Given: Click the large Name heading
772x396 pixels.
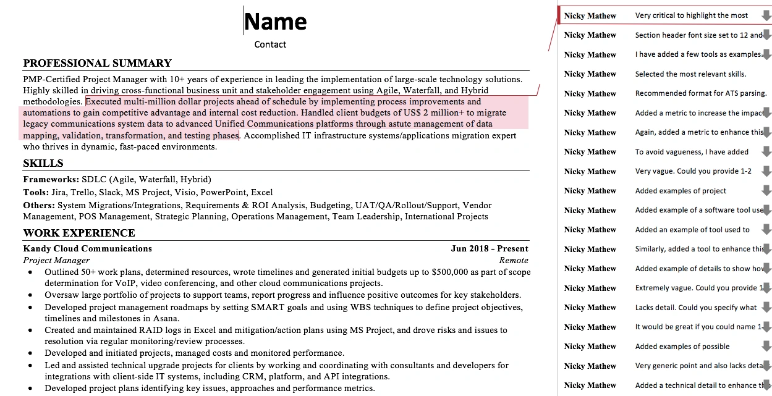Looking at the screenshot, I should click(x=276, y=22).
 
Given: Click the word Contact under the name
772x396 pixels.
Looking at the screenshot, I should click(x=270, y=44).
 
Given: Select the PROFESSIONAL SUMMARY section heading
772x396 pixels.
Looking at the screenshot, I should click(x=97, y=63).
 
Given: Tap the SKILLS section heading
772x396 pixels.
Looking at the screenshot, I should click(x=43, y=164).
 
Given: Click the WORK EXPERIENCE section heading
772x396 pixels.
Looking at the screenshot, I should click(x=79, y=233).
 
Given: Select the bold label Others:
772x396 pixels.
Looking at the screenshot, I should click(x=39, y=206).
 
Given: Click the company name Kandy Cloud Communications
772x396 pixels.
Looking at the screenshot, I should click(x=87, y=249).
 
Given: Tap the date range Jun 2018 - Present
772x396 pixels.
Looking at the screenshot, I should click(x=490, y=249).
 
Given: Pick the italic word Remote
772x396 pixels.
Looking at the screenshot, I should click(x=514, y=261).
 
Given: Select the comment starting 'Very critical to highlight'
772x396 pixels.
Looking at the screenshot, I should click(x=691, y=15).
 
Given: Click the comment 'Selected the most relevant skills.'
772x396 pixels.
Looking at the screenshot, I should click(x=690, y=74).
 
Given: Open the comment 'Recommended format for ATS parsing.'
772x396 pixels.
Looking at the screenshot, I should click(x=700, y=93).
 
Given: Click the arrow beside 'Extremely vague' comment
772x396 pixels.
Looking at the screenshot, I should click(x=766, y=288).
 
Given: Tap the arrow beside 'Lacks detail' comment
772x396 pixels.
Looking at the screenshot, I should click(x=766, y=307).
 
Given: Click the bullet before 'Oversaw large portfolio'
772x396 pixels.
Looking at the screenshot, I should click(x=31, y=296).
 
